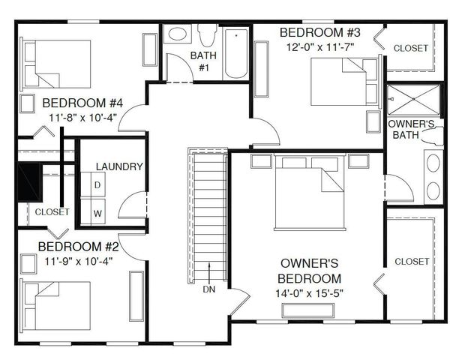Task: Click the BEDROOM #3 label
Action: (320, 32)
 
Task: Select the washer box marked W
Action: (97, 212)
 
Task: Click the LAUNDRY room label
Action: (119, 166)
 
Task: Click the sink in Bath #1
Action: (178, 34)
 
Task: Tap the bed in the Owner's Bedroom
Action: (309, 191)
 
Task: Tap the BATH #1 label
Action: (202, 61)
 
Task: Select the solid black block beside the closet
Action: (27, 182)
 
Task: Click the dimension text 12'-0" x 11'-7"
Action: (320, 46)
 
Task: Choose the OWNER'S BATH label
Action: (409, 129)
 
